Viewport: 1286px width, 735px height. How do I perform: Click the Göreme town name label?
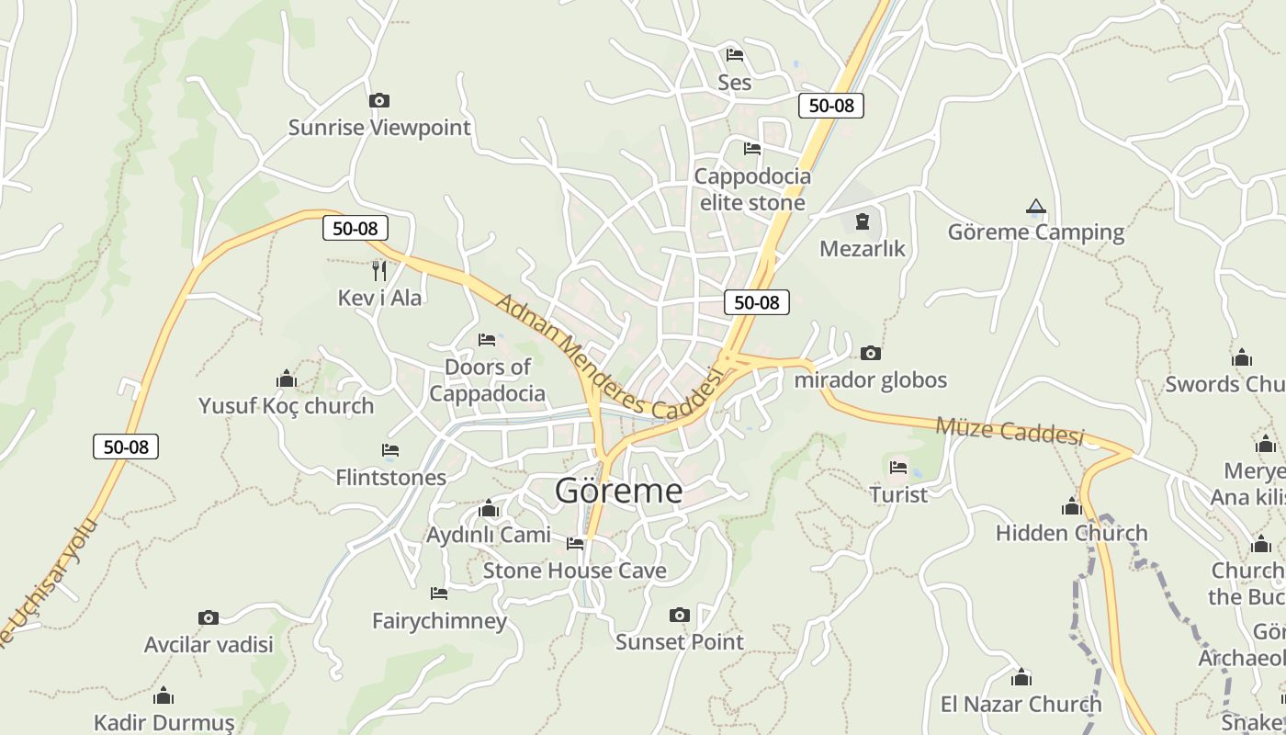pyautogui.click(x=618, y=492)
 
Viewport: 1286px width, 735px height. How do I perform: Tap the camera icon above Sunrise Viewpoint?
pyautogui.click(x=378, y=100)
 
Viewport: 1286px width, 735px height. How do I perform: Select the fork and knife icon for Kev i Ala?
pyautogui.click(x=378, y=270)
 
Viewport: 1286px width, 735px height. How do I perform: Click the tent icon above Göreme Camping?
pyautogui.click(x=1036, y=207)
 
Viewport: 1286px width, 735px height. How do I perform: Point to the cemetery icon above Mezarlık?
pyautogui.click(x=862, y=221)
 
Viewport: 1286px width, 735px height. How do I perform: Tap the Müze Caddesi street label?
pyautogui.click(x=1010, y=429)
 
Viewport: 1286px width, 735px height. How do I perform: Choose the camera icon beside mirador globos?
pyautogui.click(x=870, y=353)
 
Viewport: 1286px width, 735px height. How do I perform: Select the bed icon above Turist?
pyautogui.click(x=898, y=468)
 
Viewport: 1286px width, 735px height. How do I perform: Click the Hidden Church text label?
pyautogui.click(x=1071, y=533)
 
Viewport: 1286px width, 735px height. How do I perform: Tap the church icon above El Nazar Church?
pyautogui.click(x=1021, y=678)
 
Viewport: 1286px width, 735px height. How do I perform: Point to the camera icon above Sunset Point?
pyautogui.click(x=679, y=615)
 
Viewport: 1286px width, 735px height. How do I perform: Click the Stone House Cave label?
pyautogui.click(x=574, y=571)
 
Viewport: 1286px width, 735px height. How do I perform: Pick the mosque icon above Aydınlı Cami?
pyautogui.click(x=488, y=508)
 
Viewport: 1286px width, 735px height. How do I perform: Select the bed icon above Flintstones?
pyautogui.click(x=390, y=450)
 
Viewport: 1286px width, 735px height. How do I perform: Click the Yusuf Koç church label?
pyautogui.click(x=286, y=405)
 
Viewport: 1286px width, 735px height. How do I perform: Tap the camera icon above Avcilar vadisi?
pyautogui.click(x=209, y=617)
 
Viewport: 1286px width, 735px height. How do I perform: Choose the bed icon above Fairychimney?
pyautogui.click(x=439, y=594)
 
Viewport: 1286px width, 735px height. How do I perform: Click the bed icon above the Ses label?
pyautogui.click(x=734, y=55)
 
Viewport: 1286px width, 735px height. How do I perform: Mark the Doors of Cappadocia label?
pyautogui.click(x=487, y=380)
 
